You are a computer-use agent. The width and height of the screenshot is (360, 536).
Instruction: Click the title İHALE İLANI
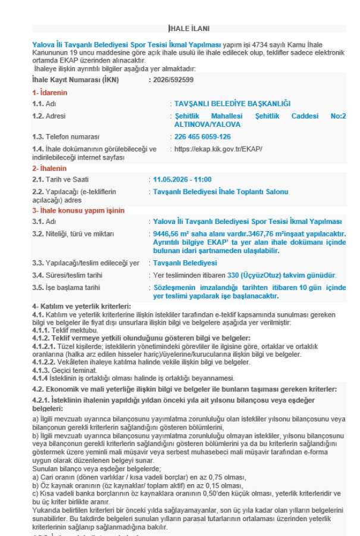click(x=189, y=29)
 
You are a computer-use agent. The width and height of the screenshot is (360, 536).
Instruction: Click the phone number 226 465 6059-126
click(x=202, y=136)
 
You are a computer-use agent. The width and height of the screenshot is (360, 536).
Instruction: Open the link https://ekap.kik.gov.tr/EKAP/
click(x=218, y=149)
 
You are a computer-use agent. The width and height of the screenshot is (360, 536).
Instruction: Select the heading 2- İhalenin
click(x=49, y=169)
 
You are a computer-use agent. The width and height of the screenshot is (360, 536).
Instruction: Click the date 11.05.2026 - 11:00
click(x=182, y=179)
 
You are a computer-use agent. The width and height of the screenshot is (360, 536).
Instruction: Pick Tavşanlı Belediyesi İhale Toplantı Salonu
click(x=220, y=192)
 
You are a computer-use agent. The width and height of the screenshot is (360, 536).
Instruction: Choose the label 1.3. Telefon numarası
click(x=66, y=136)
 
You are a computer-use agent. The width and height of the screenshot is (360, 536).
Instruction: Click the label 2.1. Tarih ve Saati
click(x=61, y=179)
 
